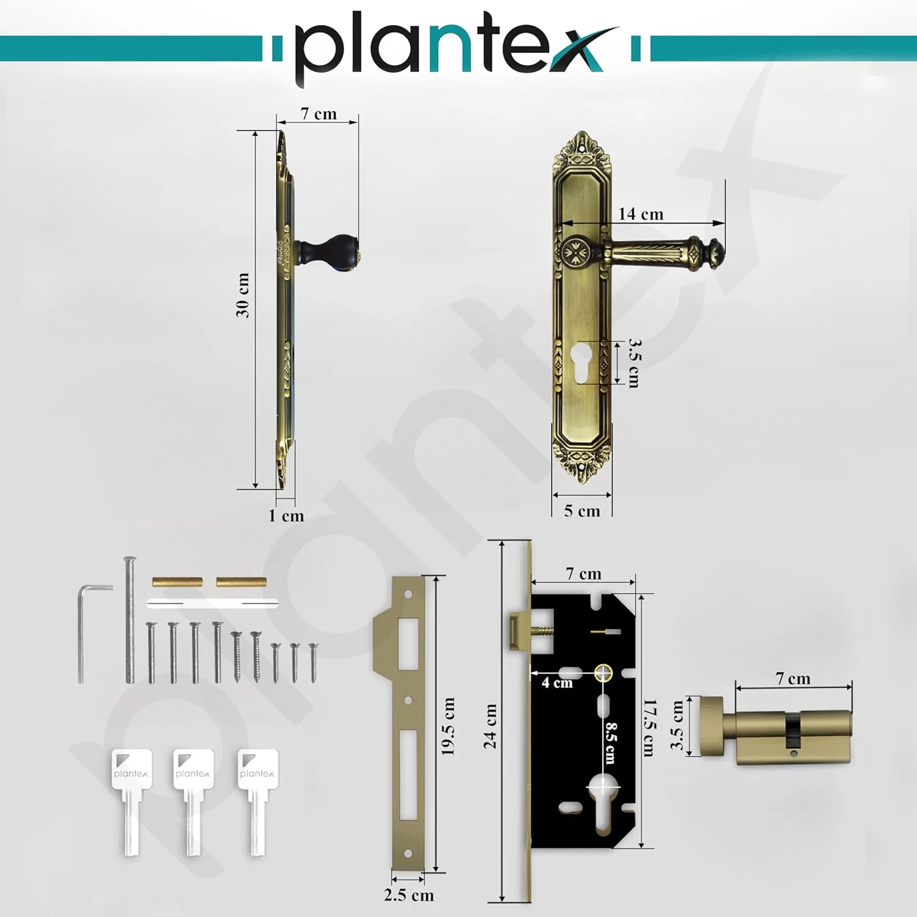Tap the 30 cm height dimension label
[x=243, y=295]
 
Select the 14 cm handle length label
[x=640, y=214]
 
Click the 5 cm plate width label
[x=582, y=511]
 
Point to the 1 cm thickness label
[x=286, y=516]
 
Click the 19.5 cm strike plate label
[x=448, y=726]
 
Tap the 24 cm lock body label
[x=490, y=726]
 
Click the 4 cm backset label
[x=557, y=683]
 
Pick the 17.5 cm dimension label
[x=649, y=728]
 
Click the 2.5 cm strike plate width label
[x=409, y=895]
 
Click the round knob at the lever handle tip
[x=715, y=251]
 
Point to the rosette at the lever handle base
[x=575, y=251]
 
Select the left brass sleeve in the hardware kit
[x=177, y=582]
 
